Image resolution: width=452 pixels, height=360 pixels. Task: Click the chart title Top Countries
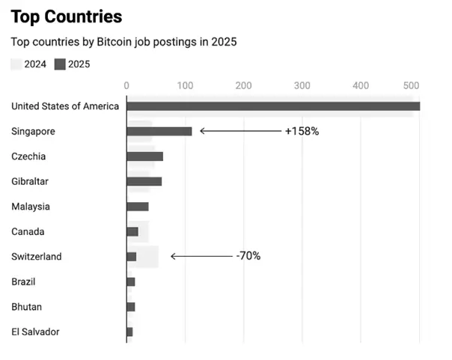click(x=67, y=16)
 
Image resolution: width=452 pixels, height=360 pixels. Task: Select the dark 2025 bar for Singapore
click(x=159, y=132)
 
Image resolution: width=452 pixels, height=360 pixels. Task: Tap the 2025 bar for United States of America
click(x=273, y=106)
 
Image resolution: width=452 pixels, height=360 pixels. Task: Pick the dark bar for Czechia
click(x=145, y=156)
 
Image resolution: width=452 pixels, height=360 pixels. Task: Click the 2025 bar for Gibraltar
click(x=144, y=182)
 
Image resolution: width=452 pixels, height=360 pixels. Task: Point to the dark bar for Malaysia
click(x=138, y=207)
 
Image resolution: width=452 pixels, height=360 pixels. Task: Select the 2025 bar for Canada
click(x=132, y=232)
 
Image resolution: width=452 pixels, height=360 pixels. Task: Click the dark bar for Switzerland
click(x=132, y=257)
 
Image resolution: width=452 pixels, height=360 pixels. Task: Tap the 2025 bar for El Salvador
click(x=129, y=332)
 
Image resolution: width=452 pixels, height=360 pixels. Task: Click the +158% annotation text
click(x=302, y=131)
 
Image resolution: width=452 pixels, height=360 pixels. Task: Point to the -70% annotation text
click(x=248, y=256)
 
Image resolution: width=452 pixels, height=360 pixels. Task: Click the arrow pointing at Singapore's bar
click(x=241, y=131)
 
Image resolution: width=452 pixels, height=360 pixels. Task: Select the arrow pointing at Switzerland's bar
click(x=202, y=256)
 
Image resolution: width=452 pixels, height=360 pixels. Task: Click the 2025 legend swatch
click(x=60, y=64)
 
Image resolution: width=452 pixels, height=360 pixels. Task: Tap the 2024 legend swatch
click(x=16, y=64)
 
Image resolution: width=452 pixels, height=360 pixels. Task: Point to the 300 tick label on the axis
click(x=302, y=85)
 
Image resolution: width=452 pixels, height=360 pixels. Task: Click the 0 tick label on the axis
click(x=126, y=85)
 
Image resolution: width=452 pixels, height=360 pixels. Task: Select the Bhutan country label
click(x=26, y=307)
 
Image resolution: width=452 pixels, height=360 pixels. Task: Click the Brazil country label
click(x=23, y=281)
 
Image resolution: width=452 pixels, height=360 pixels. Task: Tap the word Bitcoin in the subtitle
click(x=114, y=42)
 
